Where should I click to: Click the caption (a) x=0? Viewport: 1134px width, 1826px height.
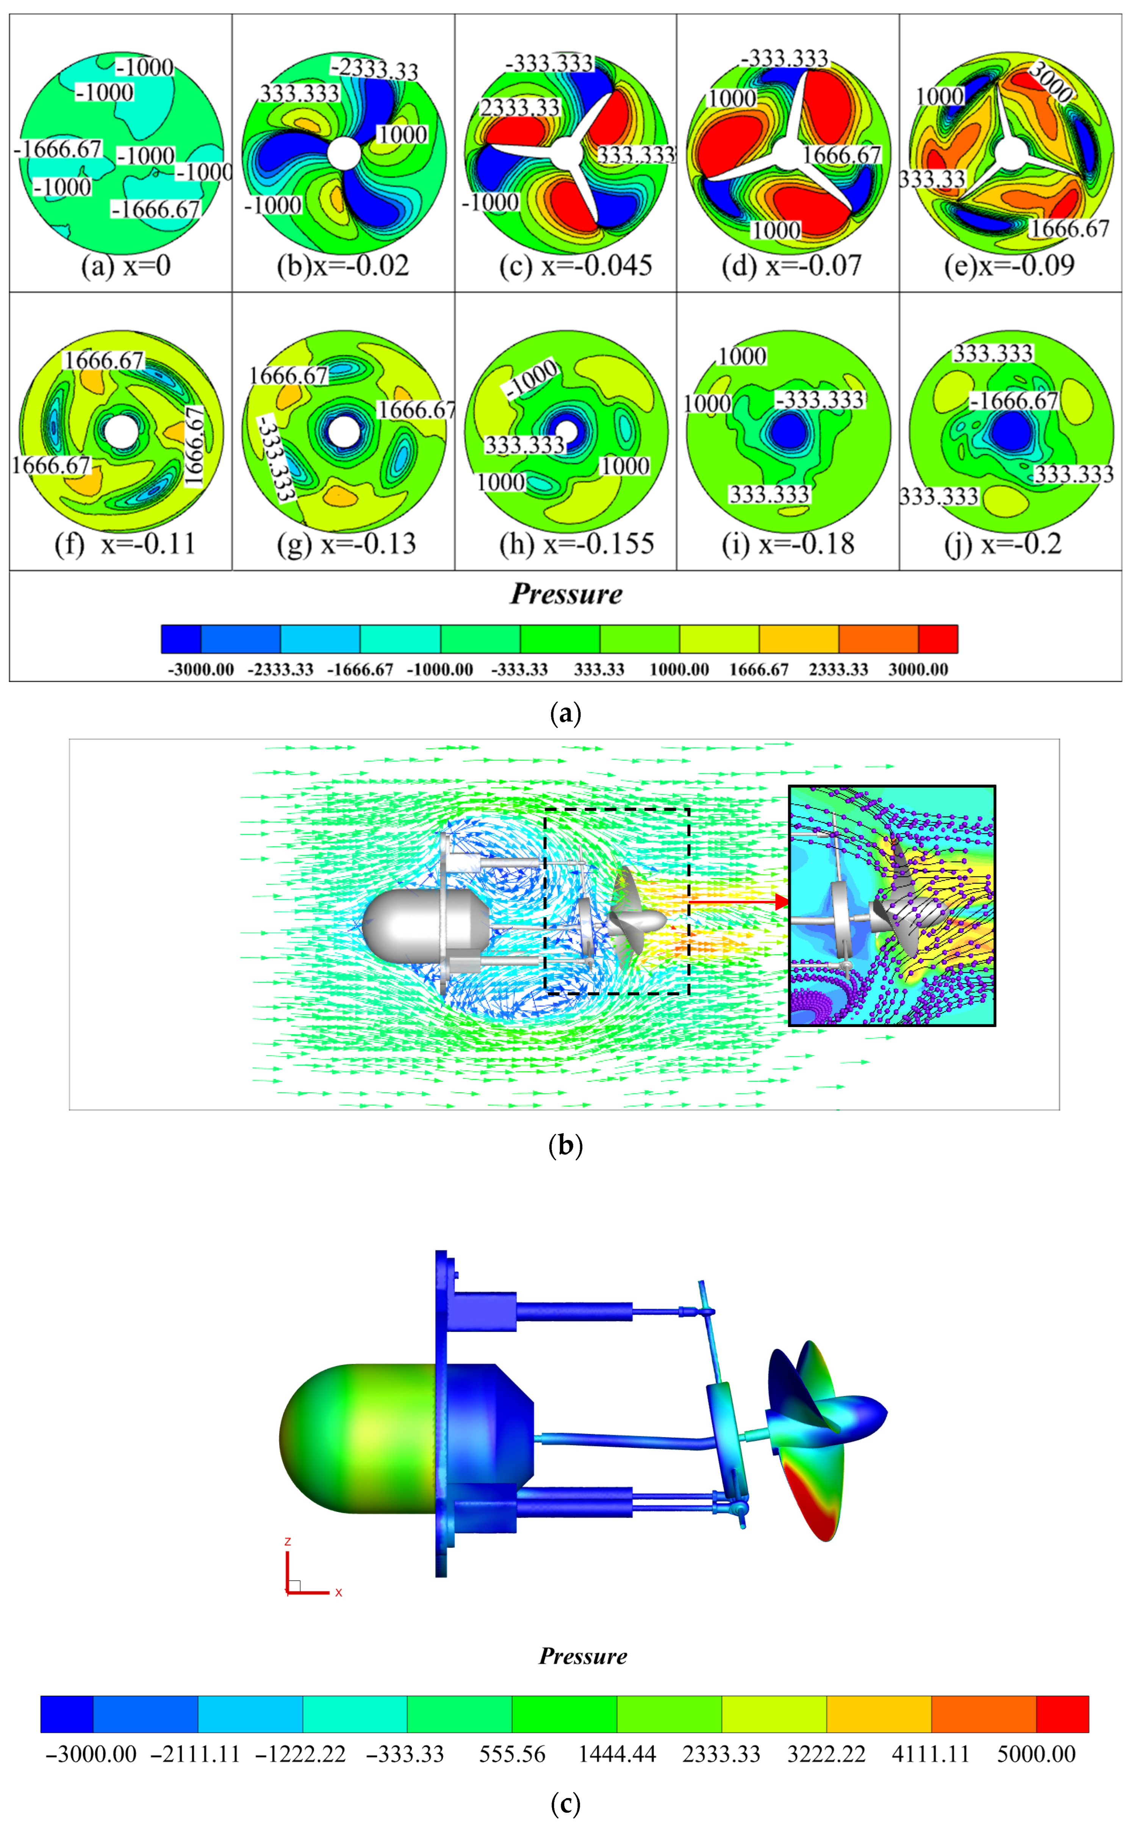(x=126, y=266)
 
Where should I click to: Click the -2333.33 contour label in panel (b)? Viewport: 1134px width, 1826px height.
(x=374, y=69)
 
